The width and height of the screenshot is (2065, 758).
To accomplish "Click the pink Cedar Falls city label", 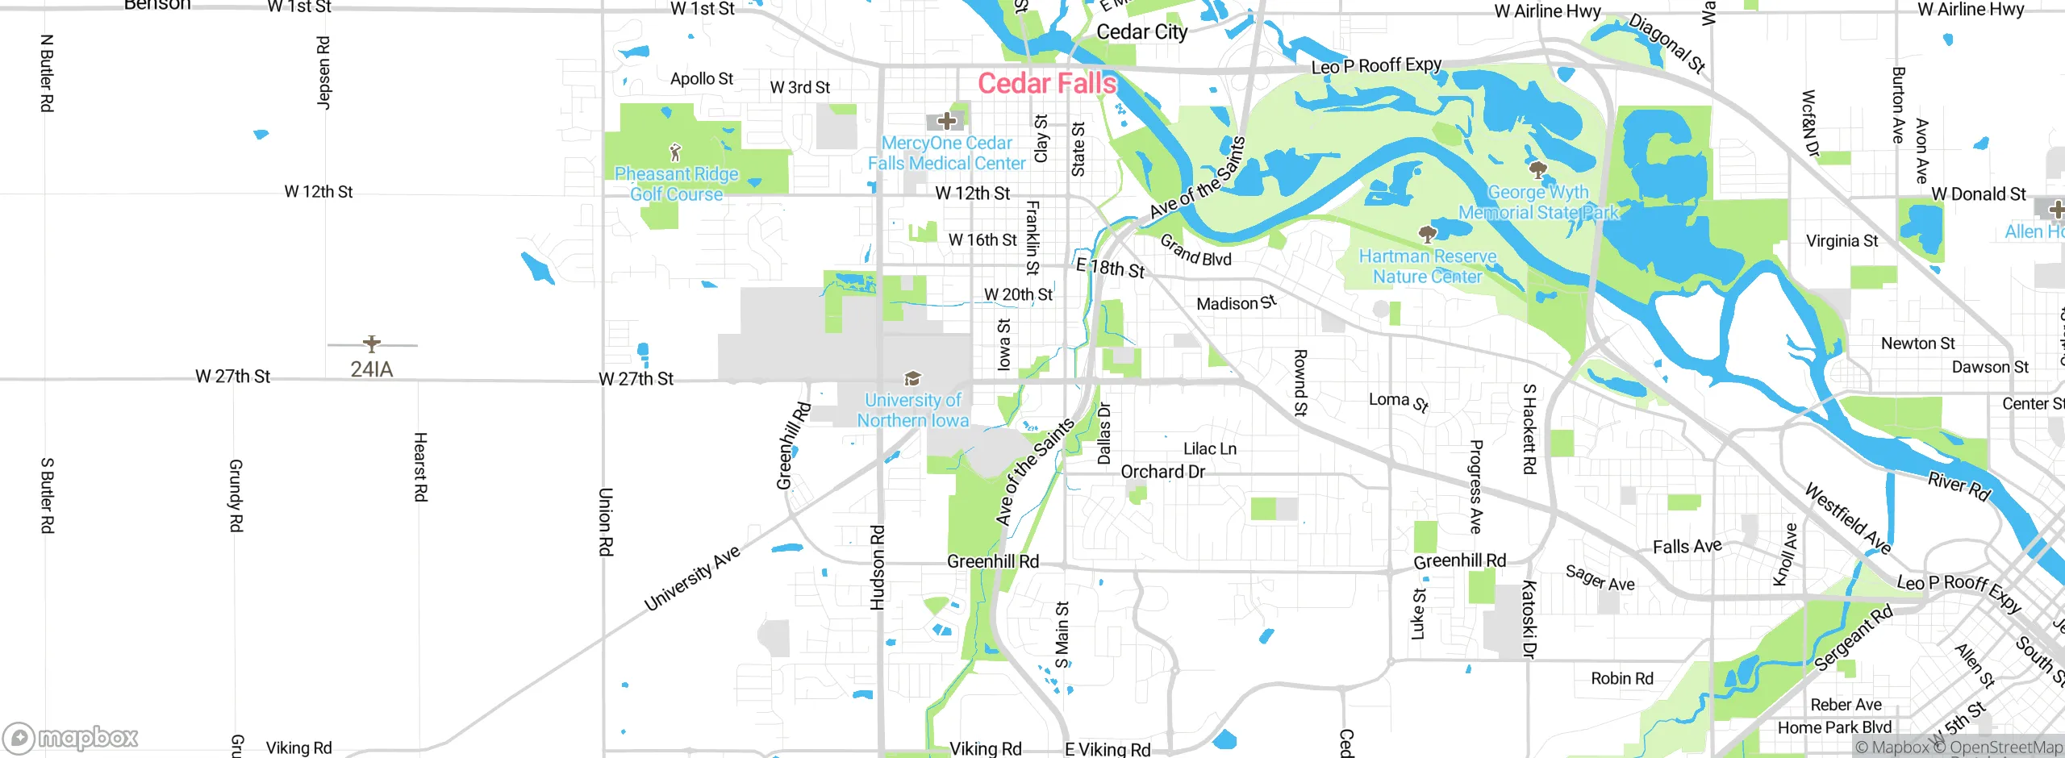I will point(1046,83).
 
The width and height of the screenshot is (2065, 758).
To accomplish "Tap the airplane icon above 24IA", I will point(372,344).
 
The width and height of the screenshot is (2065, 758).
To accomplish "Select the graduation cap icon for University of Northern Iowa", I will point(912,378).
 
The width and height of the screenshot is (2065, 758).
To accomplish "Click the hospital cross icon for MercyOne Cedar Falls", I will point(947,122).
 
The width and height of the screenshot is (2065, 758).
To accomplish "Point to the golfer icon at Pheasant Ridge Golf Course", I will point(676,152).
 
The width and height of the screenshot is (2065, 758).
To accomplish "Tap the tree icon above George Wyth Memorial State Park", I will point(1537,169).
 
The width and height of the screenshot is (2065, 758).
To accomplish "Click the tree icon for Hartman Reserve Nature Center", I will point(1427,234).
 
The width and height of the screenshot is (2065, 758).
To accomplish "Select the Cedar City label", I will point(1141,32).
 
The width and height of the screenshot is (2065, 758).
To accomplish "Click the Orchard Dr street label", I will point(1162,472).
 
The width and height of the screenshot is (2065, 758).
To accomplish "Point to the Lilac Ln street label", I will point(1209,449).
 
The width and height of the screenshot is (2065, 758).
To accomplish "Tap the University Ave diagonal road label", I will point(692,578).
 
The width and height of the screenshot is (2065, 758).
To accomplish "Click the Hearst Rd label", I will point(420,467).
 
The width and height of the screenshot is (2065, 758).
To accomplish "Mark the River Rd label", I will point(1959,486).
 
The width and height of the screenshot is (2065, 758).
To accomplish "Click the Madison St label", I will point(1236,303).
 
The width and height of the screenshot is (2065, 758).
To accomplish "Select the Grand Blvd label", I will point(1195,251).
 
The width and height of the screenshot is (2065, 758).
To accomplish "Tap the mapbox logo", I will point(71,738).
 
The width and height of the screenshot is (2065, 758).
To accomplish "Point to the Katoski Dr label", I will point(1529,618).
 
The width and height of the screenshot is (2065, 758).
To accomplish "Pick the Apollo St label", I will point(702,79).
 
